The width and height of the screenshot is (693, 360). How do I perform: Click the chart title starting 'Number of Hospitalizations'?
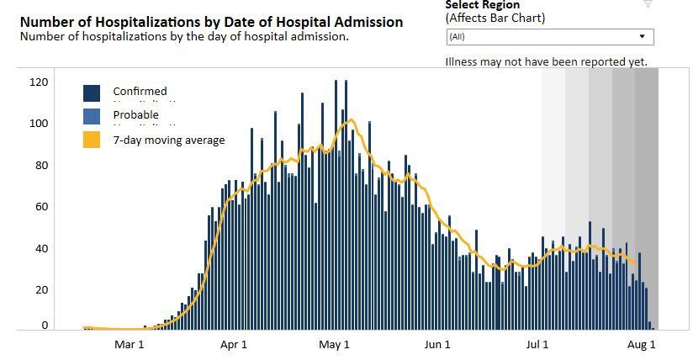[211, 22]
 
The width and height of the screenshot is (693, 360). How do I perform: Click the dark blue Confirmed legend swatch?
[93, 93]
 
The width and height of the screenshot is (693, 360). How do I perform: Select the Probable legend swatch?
[93, 116]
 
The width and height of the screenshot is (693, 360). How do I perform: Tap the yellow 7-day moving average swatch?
[93, 140]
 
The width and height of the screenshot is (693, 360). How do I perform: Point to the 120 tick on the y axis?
[39, 82]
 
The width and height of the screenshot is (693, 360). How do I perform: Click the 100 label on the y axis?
[39, 124]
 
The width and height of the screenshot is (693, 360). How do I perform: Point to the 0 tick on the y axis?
[45, 326]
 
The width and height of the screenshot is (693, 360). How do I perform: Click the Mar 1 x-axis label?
[130, 344]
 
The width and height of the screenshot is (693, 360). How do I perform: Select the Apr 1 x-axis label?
[233, 344]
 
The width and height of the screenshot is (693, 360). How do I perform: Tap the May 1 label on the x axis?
[335, 344]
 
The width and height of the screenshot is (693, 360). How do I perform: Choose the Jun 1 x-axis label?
[437, 344]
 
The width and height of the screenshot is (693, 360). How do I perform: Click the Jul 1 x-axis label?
[538, 344]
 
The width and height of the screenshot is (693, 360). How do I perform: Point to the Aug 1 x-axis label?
[642, 344]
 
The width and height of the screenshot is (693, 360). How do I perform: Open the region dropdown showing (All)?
[550, 37]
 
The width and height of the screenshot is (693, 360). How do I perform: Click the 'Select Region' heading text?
[483, 5]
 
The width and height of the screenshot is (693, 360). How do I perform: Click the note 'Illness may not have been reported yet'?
[546, 62]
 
